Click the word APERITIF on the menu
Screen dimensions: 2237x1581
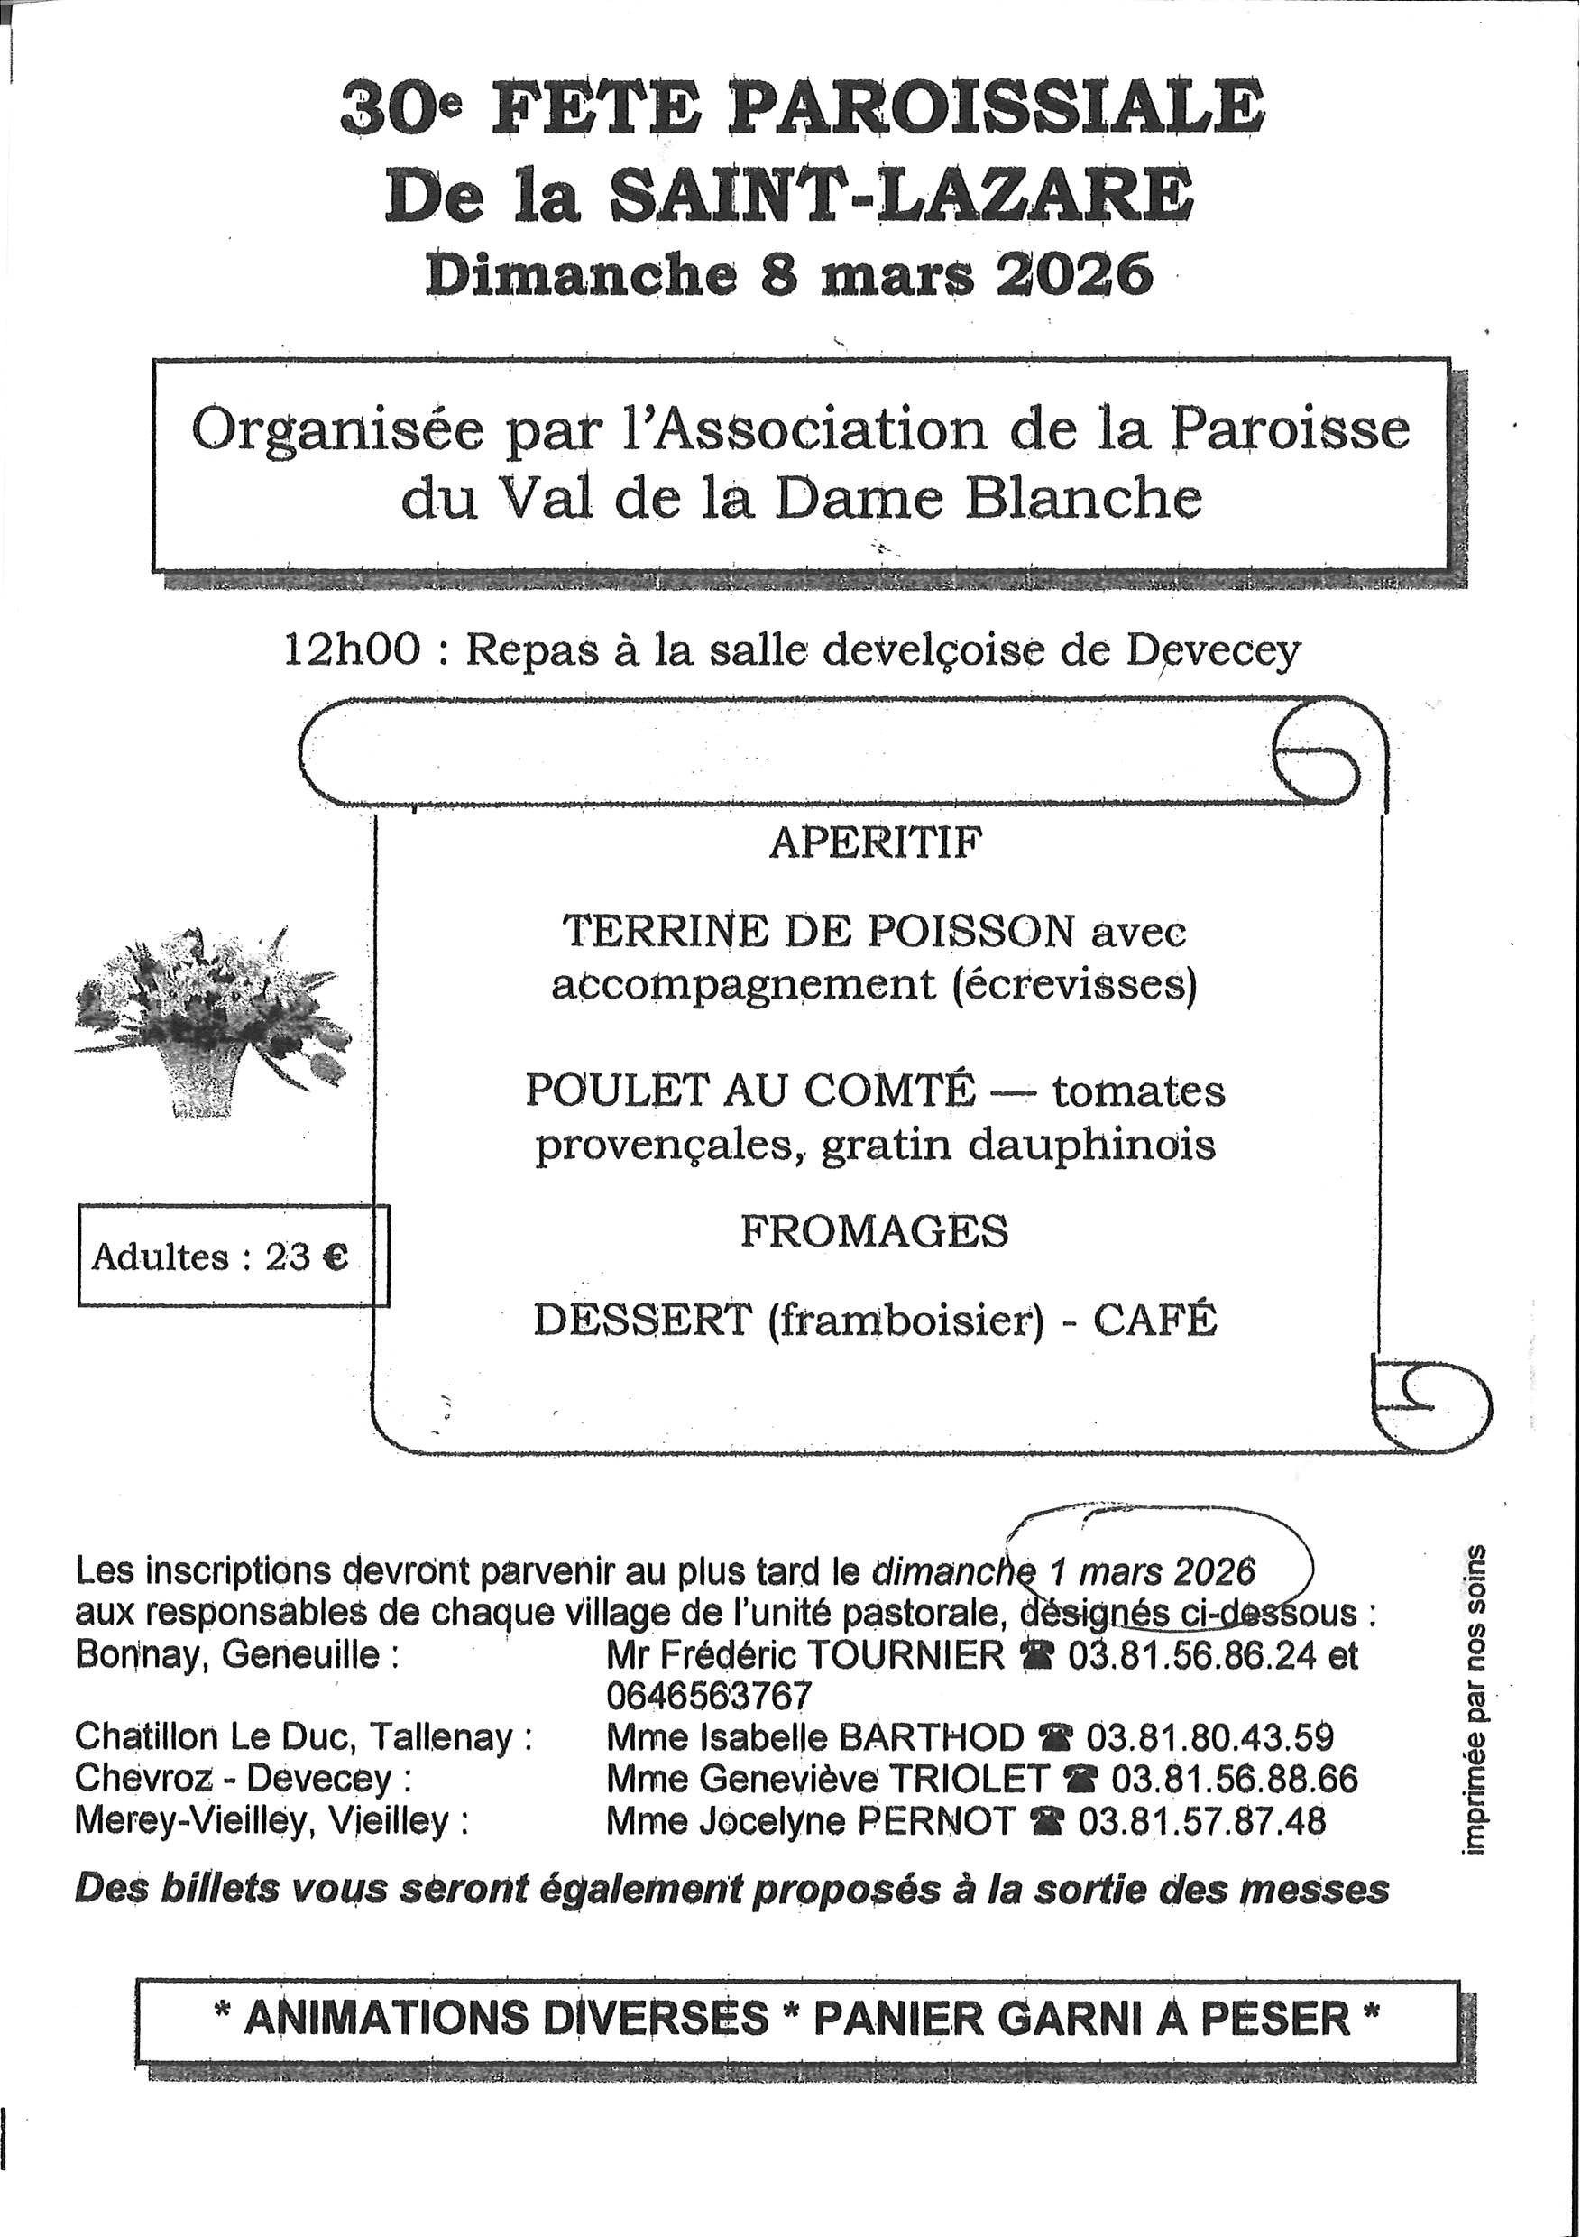(876, 842)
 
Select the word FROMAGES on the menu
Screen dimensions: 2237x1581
(874, 1230)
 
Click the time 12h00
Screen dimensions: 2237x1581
(353, 649)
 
